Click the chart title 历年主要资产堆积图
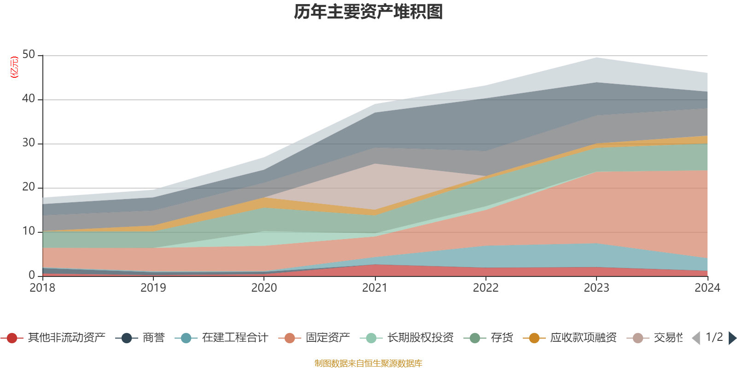(368, 12)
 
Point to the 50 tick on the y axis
(29, 55)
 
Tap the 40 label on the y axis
(29, 98)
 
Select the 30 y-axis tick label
(29, 143)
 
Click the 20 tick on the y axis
(29, 187)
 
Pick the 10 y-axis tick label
(29, 231)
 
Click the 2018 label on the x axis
(42, 288)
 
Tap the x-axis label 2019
(153, 288)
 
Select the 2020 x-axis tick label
(264, 288)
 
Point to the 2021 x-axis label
(374, 288)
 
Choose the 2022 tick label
(485, 288)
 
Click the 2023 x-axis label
(597, 288)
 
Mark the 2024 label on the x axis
(707, 288)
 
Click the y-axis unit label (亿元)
(14, 67)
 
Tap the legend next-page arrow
(732, 338)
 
